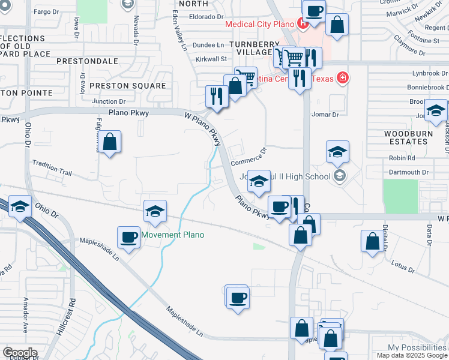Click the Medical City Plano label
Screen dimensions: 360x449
(259, 25)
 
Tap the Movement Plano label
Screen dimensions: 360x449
(172, 235)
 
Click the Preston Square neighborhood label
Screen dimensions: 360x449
(127, 86)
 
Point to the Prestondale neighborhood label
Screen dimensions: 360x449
(87, 61)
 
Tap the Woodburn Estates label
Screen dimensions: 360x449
(406, 137)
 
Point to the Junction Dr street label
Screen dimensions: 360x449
(109, 102)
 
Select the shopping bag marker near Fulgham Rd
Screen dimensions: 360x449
(110, 142)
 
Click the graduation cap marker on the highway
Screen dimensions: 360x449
(20, 207)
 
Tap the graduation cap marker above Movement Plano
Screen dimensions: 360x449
(155, 211)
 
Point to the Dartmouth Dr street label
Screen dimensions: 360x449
(408, 172)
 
